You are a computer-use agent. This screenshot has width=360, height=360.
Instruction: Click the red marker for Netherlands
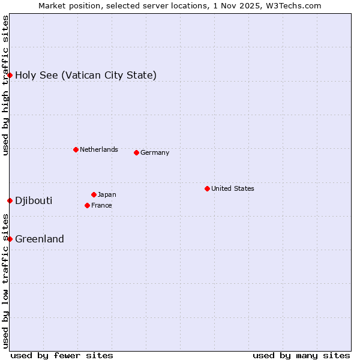coord(76,149)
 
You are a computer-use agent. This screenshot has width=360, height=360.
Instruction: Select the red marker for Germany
coord(136,152)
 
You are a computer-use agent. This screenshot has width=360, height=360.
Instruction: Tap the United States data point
coord(207,188)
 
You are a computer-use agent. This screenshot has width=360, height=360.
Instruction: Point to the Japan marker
coord(94,194)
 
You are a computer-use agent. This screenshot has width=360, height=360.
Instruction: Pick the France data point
coord(87,205)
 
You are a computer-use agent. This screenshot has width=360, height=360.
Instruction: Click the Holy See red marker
coord(10,75)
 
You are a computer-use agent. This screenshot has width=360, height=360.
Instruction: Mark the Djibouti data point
coord(10,200)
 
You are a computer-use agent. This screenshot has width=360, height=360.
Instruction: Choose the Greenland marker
coord(10,239)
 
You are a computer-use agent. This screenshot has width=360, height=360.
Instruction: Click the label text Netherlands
coord(99,149)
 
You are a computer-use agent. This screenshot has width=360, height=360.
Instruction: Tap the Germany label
coord(155,152)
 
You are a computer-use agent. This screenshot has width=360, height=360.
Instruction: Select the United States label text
coord(233,188)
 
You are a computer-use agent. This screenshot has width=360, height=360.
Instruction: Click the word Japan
coord(107,194)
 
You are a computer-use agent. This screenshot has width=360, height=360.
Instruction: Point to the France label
coord(101,205)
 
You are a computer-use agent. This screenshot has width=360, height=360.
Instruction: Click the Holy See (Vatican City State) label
coord(86,75)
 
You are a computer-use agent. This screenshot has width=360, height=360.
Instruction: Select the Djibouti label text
coord(34,200)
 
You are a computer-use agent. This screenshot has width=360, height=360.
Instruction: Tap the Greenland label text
coord(40,239)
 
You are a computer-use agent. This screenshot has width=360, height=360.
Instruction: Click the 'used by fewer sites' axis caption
coord(62,355)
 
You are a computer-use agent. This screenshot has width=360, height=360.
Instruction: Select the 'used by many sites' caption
coord(301,355)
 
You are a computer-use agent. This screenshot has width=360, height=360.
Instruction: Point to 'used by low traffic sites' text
coord(5,282)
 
